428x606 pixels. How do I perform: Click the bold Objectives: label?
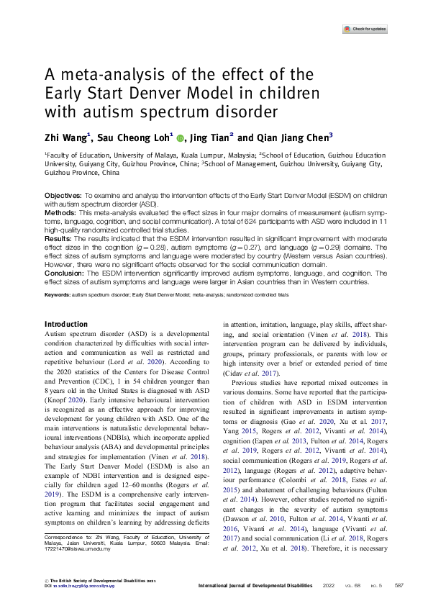[x=63, y=196]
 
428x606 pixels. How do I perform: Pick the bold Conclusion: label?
[x=65, y=272]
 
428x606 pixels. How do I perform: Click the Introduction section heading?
[x=66, y=325]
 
